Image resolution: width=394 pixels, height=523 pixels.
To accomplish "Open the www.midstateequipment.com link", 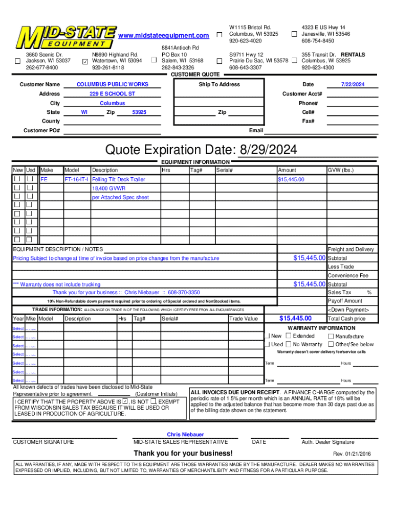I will tap(164, 35).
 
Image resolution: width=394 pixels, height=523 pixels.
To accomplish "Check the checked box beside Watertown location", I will tap(85, 61).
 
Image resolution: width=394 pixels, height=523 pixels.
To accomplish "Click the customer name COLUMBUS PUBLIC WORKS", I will tap(112, 84).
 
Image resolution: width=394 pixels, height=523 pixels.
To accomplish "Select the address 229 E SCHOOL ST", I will tap(112, 94).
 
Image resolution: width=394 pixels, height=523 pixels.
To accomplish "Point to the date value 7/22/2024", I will tap(353, 84).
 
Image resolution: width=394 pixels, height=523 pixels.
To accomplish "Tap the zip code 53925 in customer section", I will tap(139, 112).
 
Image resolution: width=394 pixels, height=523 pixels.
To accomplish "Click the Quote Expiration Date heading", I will tap(201, 150).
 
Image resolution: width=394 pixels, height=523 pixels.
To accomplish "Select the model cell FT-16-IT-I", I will tap(76, 180).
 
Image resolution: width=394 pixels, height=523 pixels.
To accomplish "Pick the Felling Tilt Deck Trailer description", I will tap(119, 180).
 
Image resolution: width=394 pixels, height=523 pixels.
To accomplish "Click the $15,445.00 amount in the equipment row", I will tap(291, 180).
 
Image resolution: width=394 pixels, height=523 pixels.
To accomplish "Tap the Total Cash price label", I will tap(346, 319).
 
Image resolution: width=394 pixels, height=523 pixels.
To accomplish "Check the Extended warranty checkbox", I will tap(289, 336).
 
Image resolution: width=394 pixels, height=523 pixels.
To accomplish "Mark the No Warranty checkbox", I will tap(289, 344).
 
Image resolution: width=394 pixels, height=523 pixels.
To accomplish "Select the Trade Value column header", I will tap(244, 319).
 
